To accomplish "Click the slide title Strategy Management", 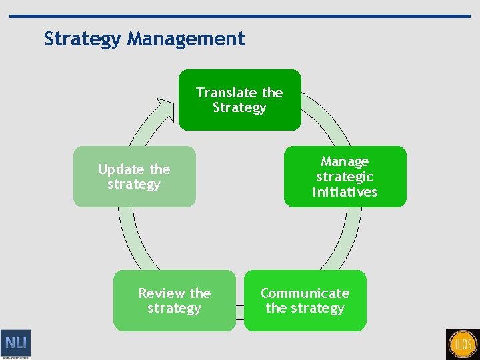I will click(144, 39).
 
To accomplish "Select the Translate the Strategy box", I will click(239, 100).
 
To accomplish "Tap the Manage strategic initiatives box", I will click(345, 177).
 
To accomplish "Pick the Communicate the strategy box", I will click(305, 301).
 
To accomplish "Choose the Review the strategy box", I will click(174, 301).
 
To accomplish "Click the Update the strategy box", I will click(134, 177).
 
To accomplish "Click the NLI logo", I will click(15, 343).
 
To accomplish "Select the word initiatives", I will click(345, 192).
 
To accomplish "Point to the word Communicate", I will click(305, 293).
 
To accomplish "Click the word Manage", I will click(345, 161).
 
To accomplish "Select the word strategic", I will click(345, 177).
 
